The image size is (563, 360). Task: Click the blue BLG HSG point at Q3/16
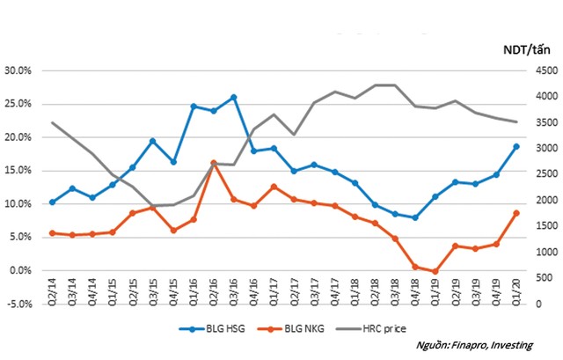[233, 98]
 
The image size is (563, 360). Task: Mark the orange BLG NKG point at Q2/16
[214, 163]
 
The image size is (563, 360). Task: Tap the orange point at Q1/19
[435, 272]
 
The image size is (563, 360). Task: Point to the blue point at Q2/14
[53, 202]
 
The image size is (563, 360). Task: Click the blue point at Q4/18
[415, 217]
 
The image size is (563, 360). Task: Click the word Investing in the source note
[526, 346]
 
